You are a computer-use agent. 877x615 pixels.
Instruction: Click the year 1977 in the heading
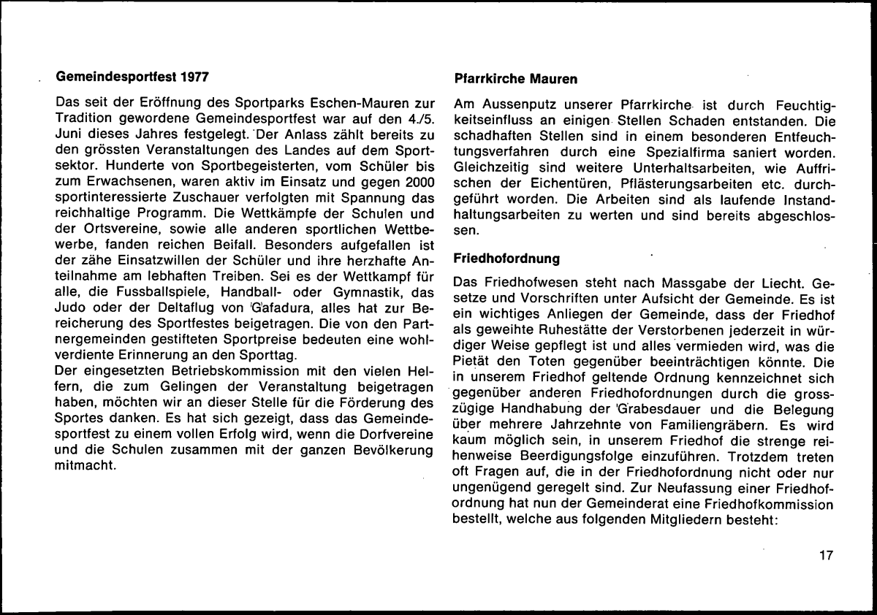click(x=197, y=75)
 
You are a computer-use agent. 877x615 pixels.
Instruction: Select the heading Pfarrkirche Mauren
click(x=516, y=77)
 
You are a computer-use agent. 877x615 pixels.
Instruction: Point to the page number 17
click(x=826, y=556)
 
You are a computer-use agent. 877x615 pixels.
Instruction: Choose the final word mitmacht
click(x=86, y=467)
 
